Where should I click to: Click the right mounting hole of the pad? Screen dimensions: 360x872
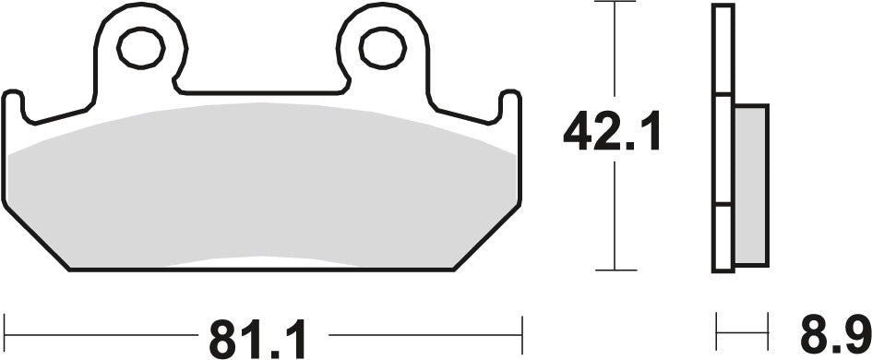pos(379,46)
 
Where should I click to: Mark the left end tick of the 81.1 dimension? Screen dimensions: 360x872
pos(6,327)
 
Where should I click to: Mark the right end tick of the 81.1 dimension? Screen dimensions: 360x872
pos(522,327)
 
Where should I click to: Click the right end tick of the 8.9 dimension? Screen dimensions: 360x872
pos(769,327)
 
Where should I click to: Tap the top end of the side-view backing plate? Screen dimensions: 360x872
pos(723,7)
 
